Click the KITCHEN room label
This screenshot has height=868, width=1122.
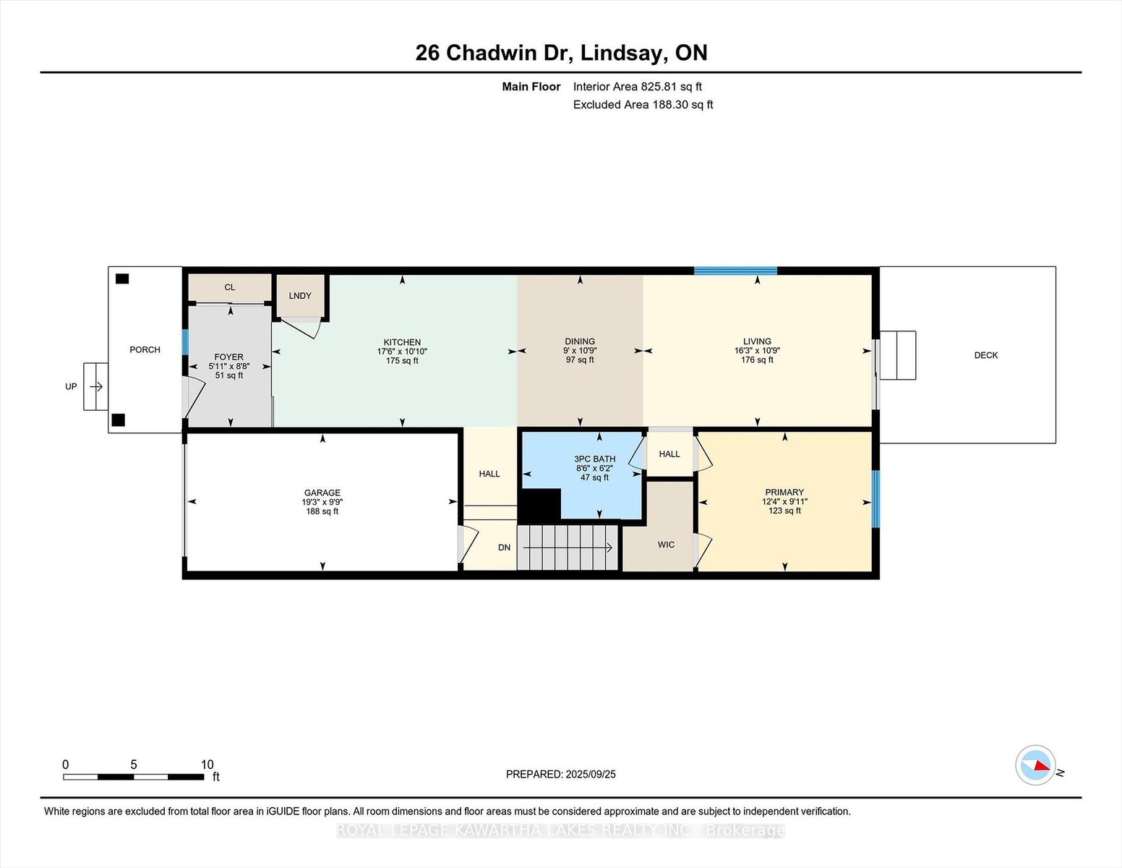(402, 342)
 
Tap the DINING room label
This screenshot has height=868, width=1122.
(580, 341)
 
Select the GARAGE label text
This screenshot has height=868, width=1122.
(322, 493)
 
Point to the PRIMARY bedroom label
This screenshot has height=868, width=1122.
(784, 492)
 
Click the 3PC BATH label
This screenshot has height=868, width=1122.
(595, 459)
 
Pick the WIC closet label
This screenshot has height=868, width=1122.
(666, 545)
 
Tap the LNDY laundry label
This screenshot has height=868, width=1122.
(300, 296)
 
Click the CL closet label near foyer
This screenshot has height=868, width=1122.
(230, 287)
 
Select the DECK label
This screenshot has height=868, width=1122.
(985, 355)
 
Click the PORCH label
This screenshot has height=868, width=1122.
(145, 349)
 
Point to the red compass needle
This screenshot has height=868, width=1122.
(1042, 765)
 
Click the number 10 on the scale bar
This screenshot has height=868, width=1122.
(207, 765)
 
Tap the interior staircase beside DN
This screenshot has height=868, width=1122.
(568, 548)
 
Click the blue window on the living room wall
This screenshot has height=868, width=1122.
(736, 271)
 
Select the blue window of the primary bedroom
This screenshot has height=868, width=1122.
(875, 499)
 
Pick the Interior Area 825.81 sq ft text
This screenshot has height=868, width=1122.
(637, 87)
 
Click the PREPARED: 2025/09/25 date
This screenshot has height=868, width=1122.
(561, 774)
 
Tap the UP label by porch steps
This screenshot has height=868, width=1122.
(71, 387)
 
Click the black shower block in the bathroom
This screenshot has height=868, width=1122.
(539, 504)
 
